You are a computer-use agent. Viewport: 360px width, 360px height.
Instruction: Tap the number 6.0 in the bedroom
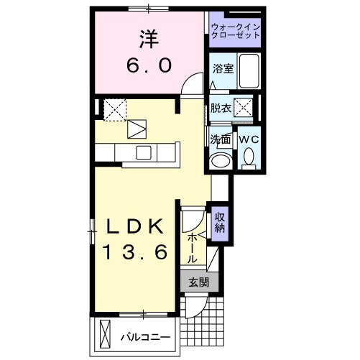149,65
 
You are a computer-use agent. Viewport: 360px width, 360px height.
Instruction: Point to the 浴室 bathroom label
222,69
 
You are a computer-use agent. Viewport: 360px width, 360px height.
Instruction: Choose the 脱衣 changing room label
220,109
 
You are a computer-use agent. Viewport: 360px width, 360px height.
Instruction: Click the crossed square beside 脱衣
244,109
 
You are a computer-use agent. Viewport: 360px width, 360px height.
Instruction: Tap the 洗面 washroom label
220,139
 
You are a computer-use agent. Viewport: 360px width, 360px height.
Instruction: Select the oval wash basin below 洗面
221,160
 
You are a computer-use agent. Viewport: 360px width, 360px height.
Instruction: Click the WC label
248,138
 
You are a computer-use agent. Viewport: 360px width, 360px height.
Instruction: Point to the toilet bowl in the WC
249,156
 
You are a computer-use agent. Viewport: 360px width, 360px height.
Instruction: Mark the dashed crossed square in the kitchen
114,110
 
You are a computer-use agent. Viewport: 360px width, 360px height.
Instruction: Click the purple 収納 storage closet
219,222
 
